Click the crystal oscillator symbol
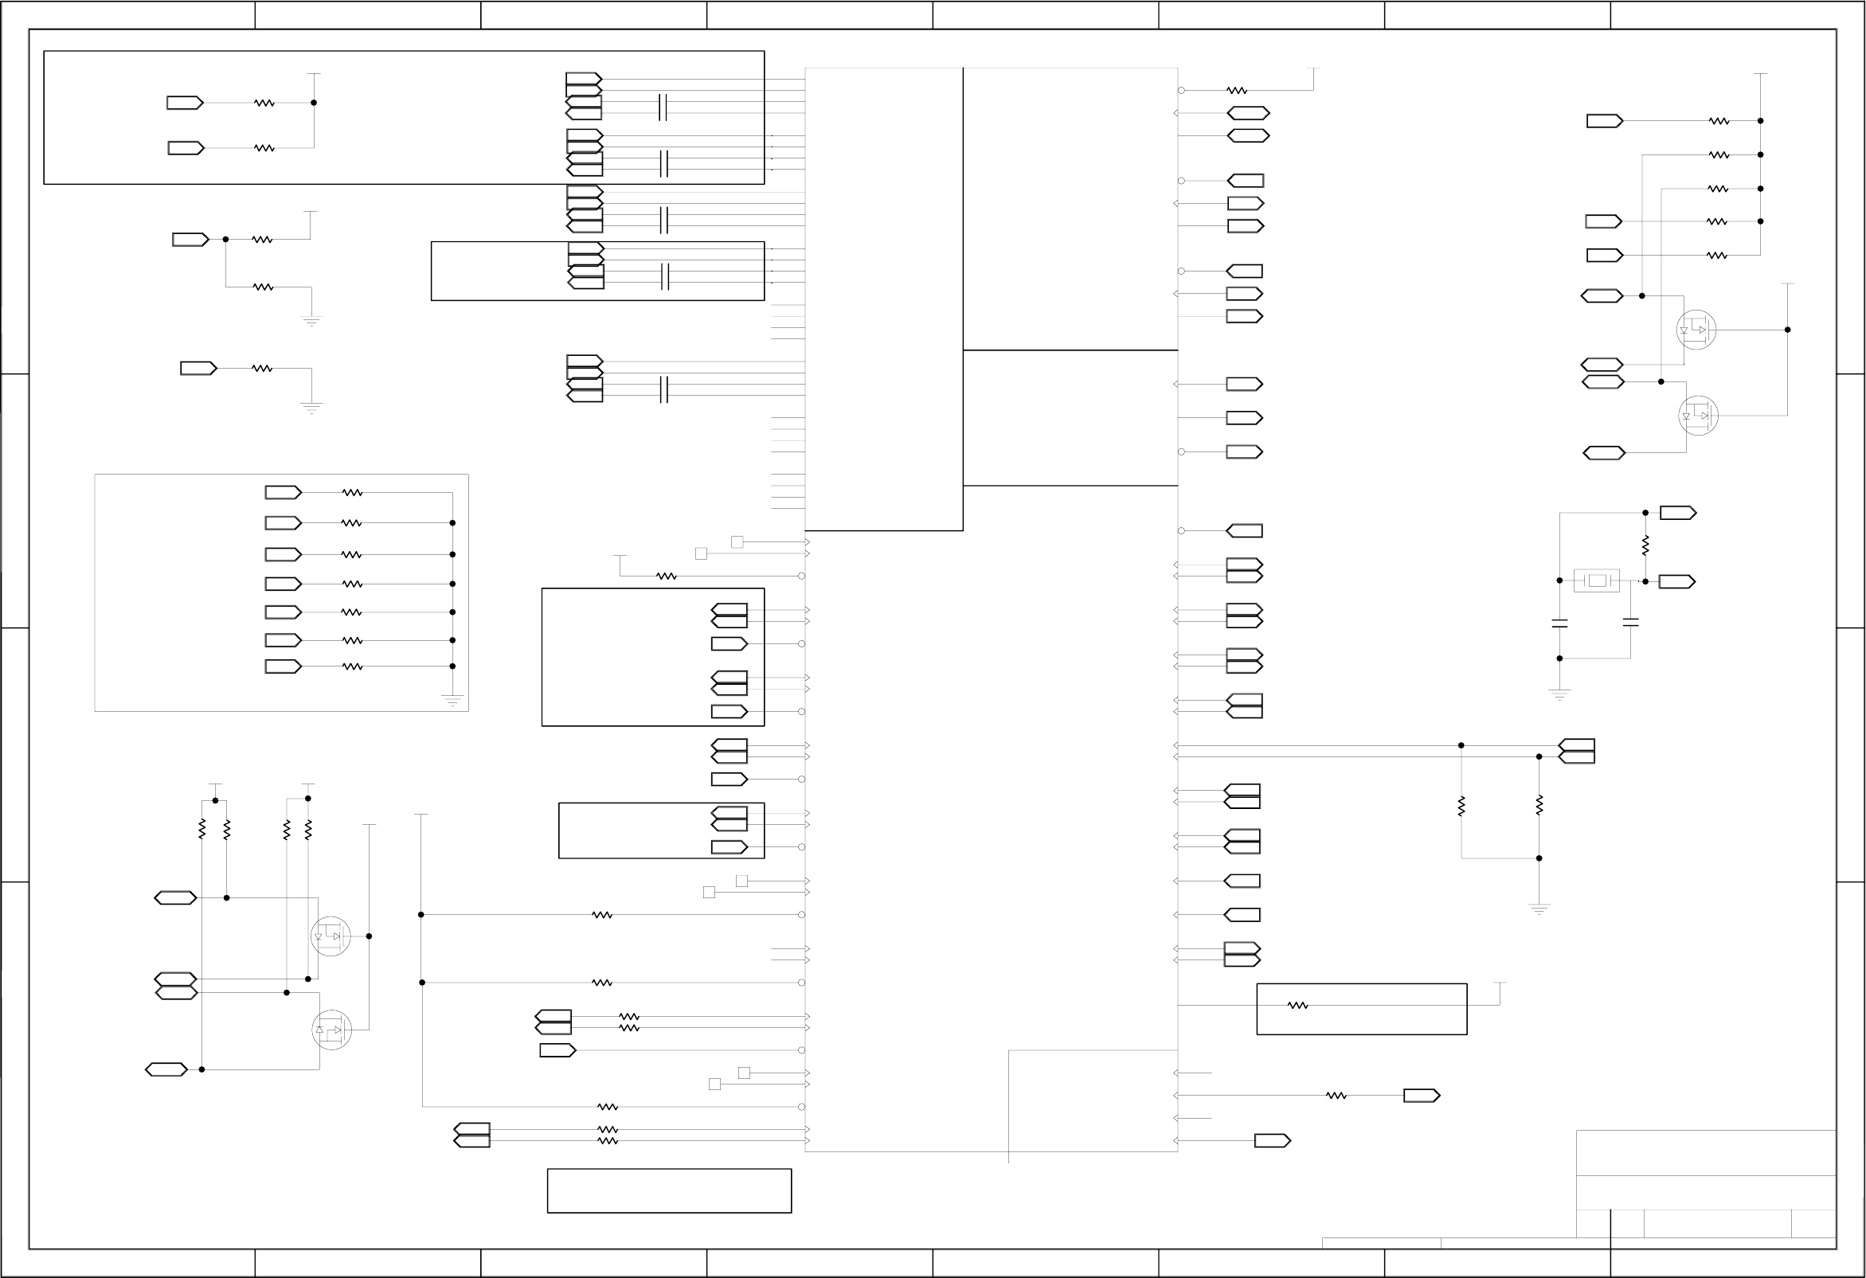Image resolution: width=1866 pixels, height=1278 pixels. tap(1596, 580)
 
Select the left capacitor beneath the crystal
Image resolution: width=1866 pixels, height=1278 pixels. tap(1559, 623)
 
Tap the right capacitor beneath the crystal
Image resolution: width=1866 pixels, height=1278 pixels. tap(1630, 621)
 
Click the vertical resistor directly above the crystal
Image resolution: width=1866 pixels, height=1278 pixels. tap(1645, 546)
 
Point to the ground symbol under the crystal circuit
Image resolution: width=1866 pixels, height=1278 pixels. tap(1559, 694)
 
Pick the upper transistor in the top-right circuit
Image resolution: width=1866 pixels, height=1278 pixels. tap(1696, 329)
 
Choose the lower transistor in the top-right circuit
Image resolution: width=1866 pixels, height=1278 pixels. tap(1697, 415)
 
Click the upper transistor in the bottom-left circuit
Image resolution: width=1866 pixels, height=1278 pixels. tap(331, 936)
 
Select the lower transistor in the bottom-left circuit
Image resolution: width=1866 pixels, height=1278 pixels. tap(331, 1029)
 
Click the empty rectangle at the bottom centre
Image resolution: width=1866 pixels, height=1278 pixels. tap(669, 1190)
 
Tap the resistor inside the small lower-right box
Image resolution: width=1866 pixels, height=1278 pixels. tap(1297, 1005)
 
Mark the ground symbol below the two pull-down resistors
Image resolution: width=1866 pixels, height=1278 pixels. tap(1539, 909)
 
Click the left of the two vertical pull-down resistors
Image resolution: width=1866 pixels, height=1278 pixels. tap(1461, 805)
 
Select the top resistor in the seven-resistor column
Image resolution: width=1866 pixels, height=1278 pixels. tap(353, 492)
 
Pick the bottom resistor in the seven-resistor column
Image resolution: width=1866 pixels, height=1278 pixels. tap(353, 666)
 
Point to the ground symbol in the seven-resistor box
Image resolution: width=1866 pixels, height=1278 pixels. tap(452, 701)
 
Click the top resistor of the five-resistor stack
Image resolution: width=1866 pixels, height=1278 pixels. tap(1718, 121)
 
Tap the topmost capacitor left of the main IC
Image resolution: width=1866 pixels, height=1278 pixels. tap(663, 107)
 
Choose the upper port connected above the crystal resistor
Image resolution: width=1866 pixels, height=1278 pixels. tap(1677, 512)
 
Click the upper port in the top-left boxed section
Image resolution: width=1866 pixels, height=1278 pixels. tap(185, 103)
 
